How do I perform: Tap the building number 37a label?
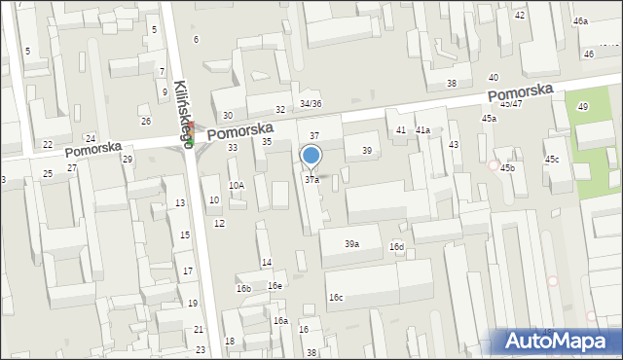point(311,180)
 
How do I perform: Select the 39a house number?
point(351,244)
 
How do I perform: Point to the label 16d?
point(397,247)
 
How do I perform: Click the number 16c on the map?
point(335,298)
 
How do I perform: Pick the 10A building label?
point(237,185)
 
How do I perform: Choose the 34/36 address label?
point(311,104)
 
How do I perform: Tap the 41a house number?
point(422,130)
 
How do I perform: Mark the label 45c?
point(552,160)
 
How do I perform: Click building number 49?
point(583,107)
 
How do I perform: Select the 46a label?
point(580,21)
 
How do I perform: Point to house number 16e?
point(275,286)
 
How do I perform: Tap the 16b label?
point(243,289)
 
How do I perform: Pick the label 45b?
point(508,168)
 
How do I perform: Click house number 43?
point(454,145)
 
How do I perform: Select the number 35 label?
point(267,142)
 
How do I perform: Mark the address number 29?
point(127,159)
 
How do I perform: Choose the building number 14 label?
point(266,264)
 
